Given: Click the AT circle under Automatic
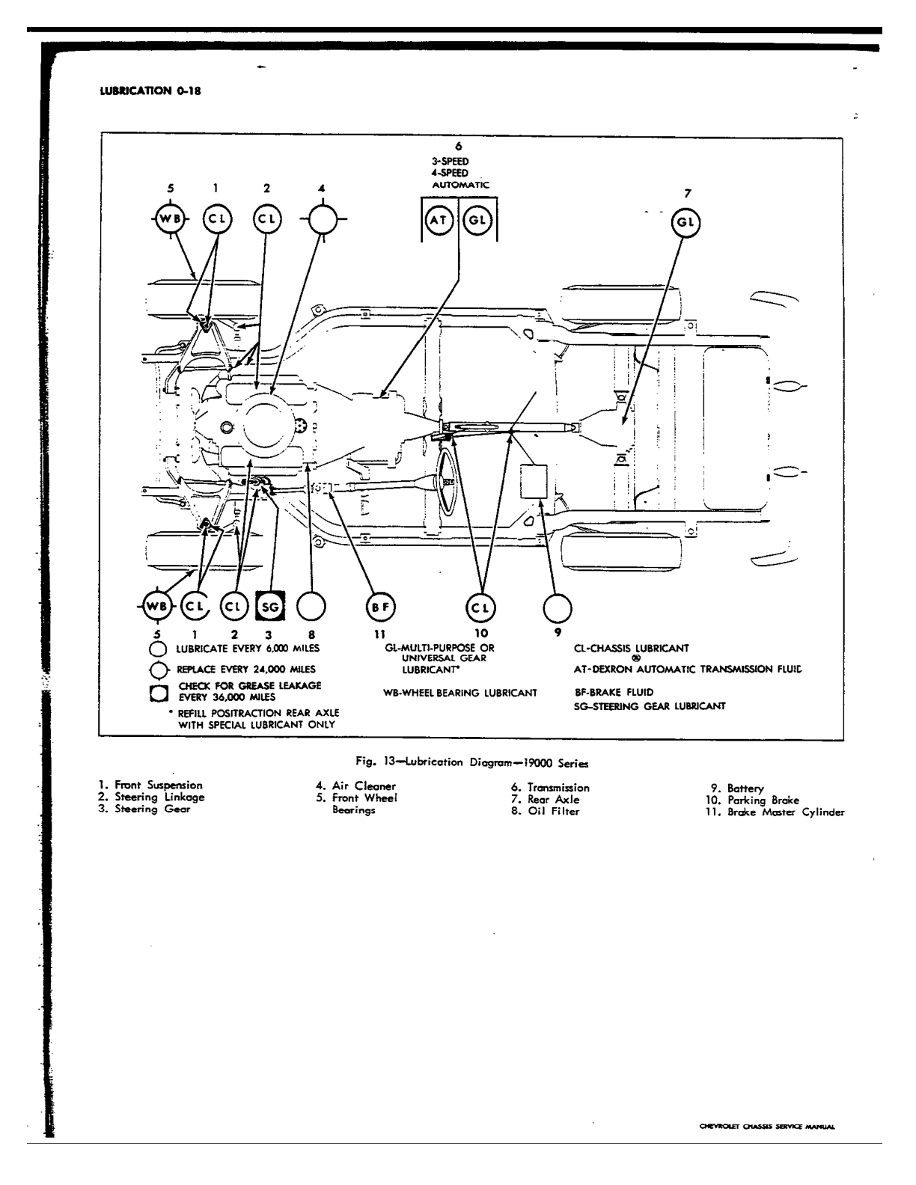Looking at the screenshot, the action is tap(439, 220).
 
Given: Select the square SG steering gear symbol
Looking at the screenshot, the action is tap(269, 607).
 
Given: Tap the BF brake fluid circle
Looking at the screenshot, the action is tap(379, 607).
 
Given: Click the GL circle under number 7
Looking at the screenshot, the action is tap(686, 222).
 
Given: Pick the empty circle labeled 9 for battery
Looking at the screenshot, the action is tap(558, 608).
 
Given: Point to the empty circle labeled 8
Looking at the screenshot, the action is tap(311, 607).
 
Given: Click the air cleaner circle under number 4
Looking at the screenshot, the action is tap(323, 220).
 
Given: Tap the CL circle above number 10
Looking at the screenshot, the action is tap(480, 607).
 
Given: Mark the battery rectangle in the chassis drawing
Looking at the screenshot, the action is tap(534, 482).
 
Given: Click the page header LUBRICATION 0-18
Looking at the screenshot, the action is tap(150, 91).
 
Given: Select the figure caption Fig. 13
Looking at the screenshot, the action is tap(472, 762).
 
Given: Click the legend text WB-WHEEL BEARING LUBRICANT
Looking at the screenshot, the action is tap(460, 693).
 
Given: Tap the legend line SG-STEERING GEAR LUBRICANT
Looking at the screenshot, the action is tap(650, 706).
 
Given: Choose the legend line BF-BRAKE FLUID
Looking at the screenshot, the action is tap(613, 692).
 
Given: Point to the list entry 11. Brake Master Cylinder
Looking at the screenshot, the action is tap(775, 812).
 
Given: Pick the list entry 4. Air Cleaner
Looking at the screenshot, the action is tap(355, 786).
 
